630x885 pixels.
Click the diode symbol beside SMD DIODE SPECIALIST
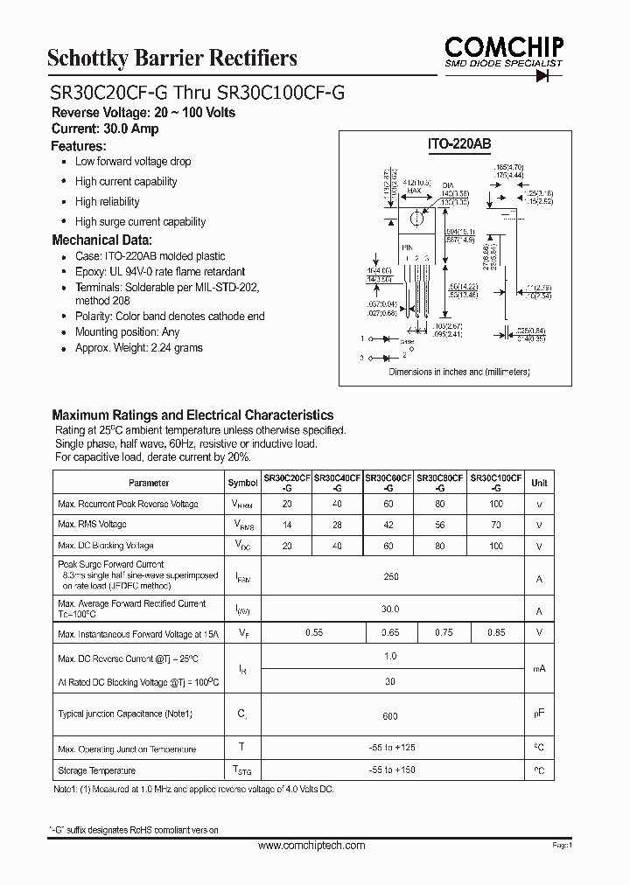tap(549, 76)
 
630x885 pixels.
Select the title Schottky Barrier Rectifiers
tap(171, 58)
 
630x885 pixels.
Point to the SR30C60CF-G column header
tap(389, 483)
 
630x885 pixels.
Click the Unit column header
tap(539, 483)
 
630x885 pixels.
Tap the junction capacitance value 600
tap(390, 716)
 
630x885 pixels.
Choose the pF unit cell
tap(539, 714)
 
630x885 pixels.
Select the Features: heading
tap(79, 146)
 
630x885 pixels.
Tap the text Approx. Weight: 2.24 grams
tap(138, 348)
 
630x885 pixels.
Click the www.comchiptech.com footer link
tap(311, 847)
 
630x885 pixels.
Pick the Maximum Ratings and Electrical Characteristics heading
tap(192, 415)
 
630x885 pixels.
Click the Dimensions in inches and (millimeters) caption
tap(459, 372)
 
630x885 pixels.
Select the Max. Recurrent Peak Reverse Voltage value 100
tap(496, 505)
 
